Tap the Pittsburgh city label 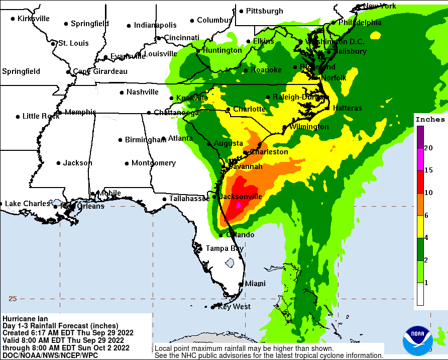264,11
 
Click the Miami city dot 241,284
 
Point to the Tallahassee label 189,199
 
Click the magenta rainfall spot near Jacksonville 239,205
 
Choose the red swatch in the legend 420,182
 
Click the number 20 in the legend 428,148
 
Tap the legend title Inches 430,120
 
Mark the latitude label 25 13,299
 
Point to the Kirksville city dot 13,19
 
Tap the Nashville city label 143,92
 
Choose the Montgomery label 154,163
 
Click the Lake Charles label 28,204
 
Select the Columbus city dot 192,21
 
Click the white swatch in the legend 420,295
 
